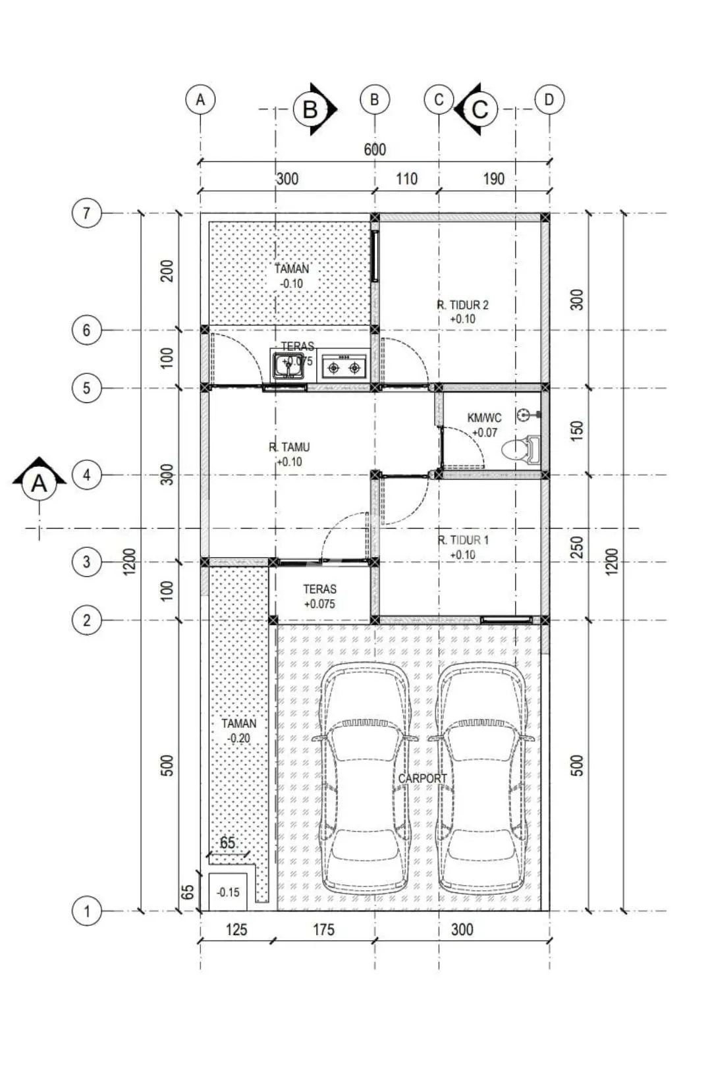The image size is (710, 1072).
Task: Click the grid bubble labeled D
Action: click(x=549, y=99)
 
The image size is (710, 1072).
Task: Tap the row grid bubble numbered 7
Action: click(x=87, y=213)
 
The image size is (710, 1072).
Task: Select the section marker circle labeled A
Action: click(x=40, y=484)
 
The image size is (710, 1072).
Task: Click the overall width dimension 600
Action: click(x=375, y=149)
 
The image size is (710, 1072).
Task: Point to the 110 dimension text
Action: click(x=406, y=179)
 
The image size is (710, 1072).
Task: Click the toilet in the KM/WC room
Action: click(x=521, y=449)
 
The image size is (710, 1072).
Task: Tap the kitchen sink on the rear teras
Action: click(x=288, y=365)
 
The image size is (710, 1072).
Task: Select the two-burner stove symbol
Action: click(x=344, y=367)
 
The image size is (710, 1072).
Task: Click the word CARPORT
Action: click(x=422, y=778)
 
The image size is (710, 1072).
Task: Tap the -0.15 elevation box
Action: click(x=228, y=892)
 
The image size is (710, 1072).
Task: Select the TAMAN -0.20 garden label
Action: click(x=239, y=730)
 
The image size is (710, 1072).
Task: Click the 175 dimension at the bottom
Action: click(x=323, y=929)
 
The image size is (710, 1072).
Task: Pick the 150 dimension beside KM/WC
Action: click(x=578, y=431)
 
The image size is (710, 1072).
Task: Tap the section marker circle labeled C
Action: click(x=480, y=109)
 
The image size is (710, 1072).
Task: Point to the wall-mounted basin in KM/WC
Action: click(x=529, y=414)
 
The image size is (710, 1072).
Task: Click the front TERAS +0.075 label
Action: click(x=320, y=597)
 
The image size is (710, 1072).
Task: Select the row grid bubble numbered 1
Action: click(x=87, y=911)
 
